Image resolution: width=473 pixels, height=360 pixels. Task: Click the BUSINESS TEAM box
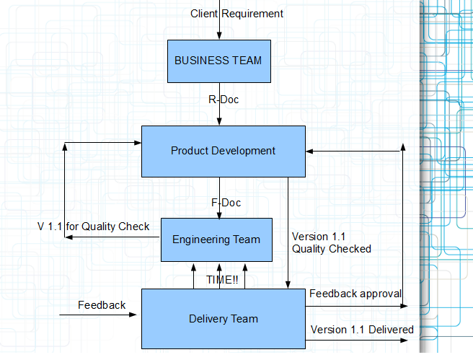[219, 61]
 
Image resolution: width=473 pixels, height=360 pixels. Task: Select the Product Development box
[224, 152]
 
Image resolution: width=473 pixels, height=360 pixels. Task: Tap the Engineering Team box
[216, 240]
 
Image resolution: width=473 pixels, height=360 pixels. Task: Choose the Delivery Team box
[224, 319]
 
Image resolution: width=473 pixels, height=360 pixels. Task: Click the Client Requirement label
[236, 14]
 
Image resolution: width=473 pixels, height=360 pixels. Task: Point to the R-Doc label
[224, 100]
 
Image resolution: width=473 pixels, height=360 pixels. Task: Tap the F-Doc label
[226, 203]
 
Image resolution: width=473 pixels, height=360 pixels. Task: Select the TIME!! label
[222, 280]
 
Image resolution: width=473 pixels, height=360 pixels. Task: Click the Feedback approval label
[355, 294]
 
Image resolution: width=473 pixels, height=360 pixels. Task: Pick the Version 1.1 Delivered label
[362, 330]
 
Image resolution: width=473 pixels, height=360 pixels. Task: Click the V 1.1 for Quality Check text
[94, 227]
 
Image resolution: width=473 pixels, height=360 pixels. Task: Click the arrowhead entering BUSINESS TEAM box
[219, 36]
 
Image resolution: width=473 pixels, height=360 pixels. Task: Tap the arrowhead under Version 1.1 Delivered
[404, 341]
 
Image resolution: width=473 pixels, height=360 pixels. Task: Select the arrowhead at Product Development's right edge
[309, 152]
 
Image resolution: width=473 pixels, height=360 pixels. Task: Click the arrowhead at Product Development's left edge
[138, 142]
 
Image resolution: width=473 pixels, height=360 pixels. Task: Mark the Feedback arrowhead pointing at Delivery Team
[133, 315]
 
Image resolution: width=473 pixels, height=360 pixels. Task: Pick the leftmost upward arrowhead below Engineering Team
[194, 268]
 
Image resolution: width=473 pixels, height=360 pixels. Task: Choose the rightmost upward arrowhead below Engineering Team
[245, 268]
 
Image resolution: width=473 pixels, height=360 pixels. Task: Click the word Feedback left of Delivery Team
[102, 305]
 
